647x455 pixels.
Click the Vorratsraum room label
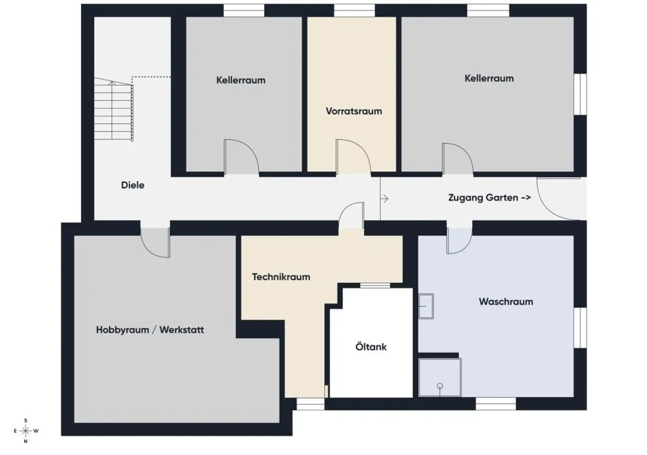coord(354,111)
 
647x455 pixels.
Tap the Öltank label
coord(371,347)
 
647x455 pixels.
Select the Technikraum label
coord(281,277)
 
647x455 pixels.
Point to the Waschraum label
coord(506,302)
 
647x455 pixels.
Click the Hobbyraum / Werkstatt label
coord(150,329)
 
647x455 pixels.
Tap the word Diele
coord(133,185)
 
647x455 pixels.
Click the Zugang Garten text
coord(489,198)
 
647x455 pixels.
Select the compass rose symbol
coord(26,431)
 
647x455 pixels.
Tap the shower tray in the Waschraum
coord(440,377)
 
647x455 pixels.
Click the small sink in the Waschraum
coord(426,306)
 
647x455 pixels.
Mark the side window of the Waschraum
coord(580,327)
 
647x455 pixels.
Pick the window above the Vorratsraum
coord(354,11)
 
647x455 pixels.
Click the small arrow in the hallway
coord(384,198)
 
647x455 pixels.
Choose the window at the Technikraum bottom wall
coord(310,404)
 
